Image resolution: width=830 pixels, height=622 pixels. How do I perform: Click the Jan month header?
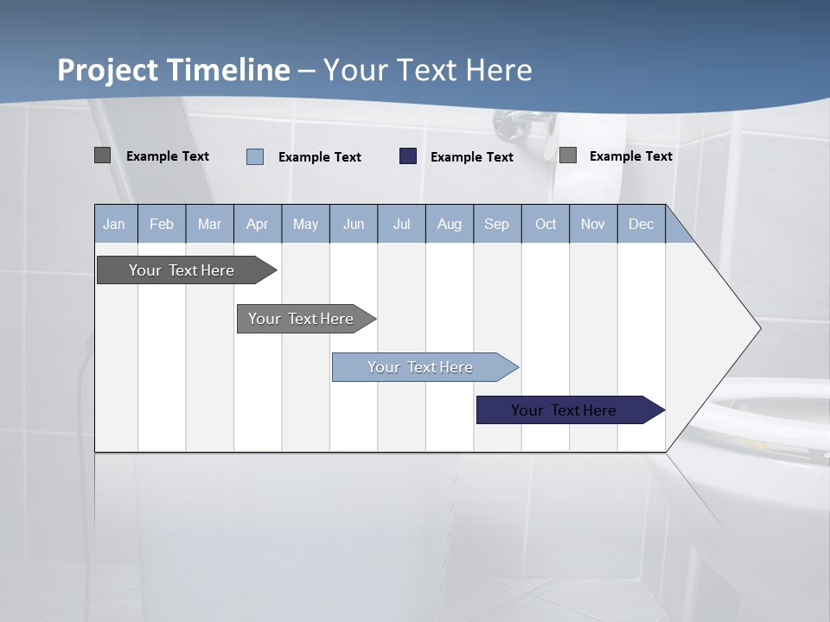point(114,224)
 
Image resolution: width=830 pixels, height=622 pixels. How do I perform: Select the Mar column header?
point(209,224)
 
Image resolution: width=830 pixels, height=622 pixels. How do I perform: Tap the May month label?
point(305,224)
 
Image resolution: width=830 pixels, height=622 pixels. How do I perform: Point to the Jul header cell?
point(401,224)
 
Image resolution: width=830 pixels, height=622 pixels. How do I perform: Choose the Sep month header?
point(496,224)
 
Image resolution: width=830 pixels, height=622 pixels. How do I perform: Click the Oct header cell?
point(546,224)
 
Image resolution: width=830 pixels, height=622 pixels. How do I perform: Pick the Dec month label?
point(641,224)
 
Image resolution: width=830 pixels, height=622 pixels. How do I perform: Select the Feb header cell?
point(162,224)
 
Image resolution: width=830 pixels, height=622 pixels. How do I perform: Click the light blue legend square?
point(255,156)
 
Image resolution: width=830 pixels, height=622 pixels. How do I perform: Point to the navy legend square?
point(408,156)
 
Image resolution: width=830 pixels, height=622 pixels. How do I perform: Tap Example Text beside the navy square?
point(471,157)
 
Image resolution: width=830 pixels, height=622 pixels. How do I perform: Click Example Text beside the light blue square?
point(319,157)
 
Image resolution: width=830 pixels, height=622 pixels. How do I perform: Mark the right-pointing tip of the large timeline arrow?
point(759,328)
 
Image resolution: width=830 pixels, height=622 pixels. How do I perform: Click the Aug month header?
point(449,224)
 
